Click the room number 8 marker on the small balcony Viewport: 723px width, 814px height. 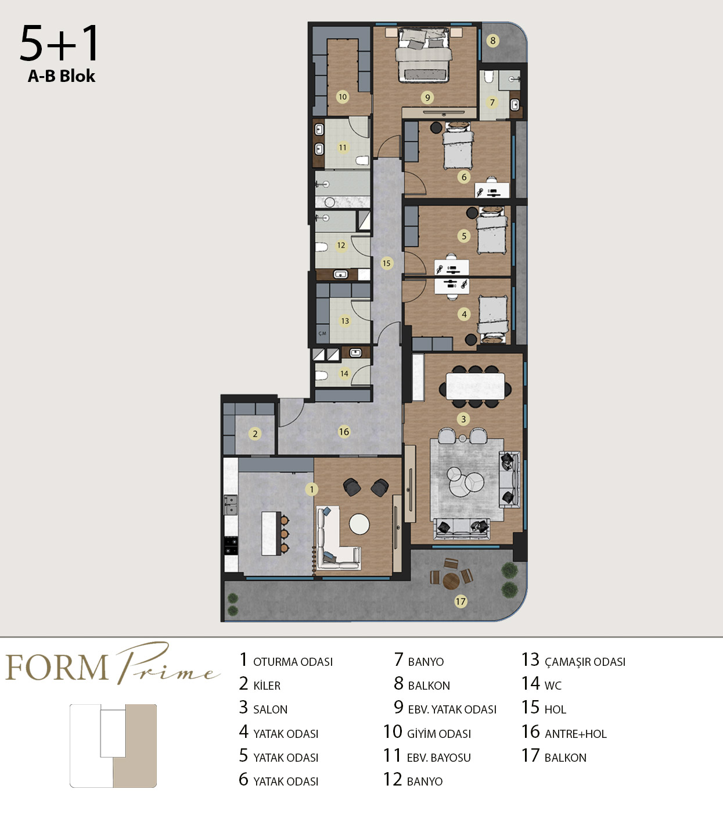coord(492,41)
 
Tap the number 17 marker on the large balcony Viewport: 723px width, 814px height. coord(461,601)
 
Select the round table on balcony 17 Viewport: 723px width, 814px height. coord(451,580)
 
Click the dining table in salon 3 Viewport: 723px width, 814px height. coord(475,386)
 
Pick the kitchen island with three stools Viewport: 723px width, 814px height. coord(271,533)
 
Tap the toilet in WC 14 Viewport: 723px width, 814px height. coord(321,376)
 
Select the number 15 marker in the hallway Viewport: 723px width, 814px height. coord(386,263)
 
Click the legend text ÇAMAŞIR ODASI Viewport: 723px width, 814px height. coord(585,662)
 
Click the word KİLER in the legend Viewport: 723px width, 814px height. coord(267,686)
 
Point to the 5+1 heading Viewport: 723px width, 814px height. coord(59,43)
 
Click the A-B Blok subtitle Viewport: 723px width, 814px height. coord(62,76)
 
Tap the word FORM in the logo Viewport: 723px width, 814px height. coord(57,668)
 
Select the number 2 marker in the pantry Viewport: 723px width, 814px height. coord(255,434)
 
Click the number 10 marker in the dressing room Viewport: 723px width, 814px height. coord(342,97)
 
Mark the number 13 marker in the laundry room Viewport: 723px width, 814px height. coord(344,321)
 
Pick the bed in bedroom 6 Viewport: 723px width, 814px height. coord(458,146)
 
